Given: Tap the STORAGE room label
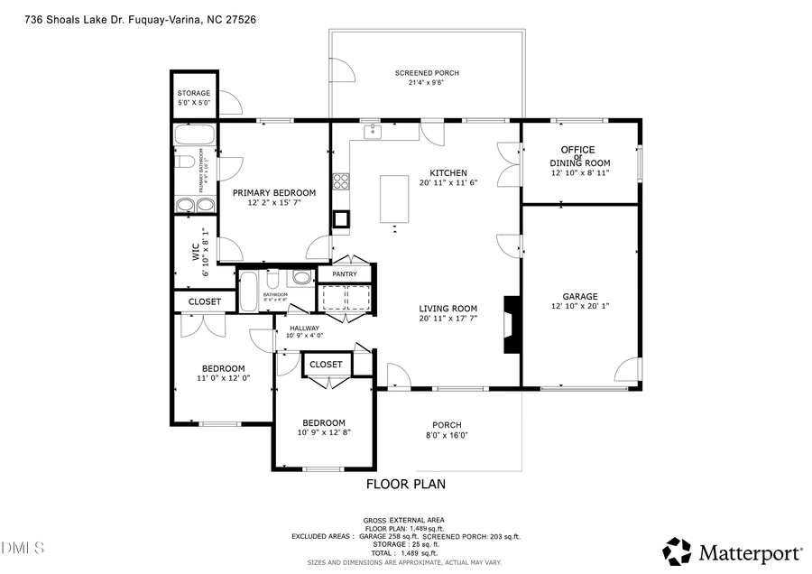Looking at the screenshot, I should tap(193, 93).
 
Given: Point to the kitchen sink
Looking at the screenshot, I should tap(372, 133).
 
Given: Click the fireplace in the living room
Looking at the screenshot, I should tap(511, 325).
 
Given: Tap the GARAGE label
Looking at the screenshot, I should tap(580, 296).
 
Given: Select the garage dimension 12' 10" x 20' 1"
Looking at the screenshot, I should tap(580, 307).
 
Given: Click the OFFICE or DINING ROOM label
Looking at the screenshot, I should tap(580, 156).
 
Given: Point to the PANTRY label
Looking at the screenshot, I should tap(345, 274).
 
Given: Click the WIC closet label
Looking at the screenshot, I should tap(196, 252).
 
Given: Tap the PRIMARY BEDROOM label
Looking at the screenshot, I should tap(274, 192).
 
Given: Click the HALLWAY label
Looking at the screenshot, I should tap(304, 328).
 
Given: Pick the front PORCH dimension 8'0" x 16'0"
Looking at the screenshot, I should tap(447, 436).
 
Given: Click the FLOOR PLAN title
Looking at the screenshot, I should tap(405, 485).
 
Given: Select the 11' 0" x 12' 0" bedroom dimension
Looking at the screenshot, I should tap(223, 378).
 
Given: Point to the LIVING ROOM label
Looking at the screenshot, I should tap(448, 309).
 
